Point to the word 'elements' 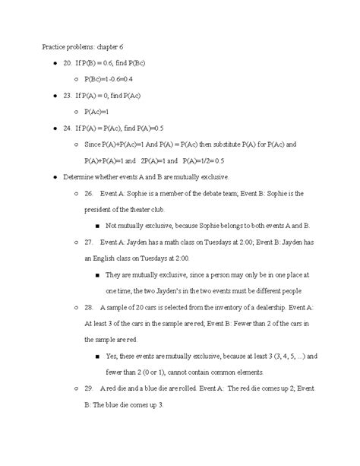(248, 372)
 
